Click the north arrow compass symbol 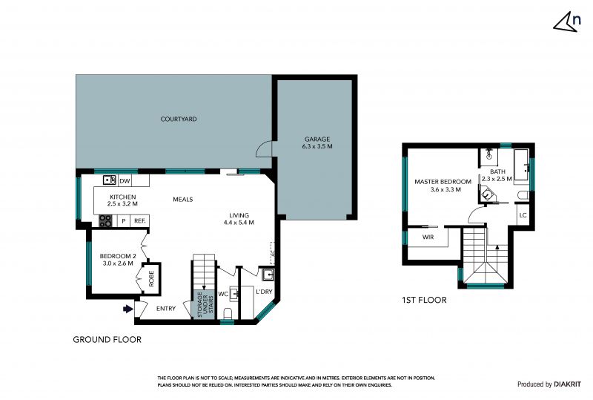567,22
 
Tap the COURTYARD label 179,119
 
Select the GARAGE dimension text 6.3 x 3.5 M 317,146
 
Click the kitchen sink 110,180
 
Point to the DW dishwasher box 125,180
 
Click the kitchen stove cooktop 105,221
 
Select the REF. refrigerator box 140,221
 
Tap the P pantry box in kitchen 124,221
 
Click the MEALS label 183,199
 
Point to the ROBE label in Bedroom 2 151,278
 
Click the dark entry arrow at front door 128,309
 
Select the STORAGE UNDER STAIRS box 204,304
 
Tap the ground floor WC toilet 228,313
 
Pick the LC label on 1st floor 523,215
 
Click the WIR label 428,237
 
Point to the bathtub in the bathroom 522,166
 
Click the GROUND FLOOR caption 107,340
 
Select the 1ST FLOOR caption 424,300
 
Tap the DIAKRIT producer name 568,384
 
